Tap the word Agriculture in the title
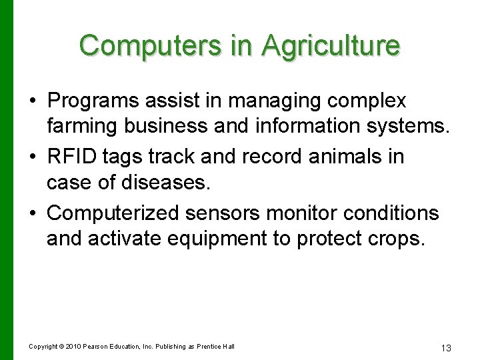331,45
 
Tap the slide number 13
446,348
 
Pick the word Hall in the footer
229,346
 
